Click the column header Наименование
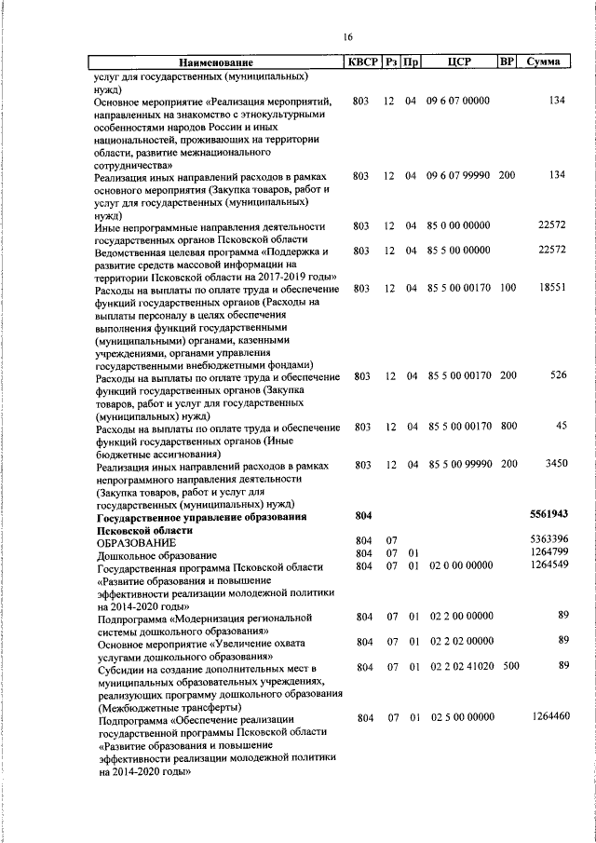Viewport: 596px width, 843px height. [217, 62]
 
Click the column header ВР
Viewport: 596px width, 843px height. [507, 62]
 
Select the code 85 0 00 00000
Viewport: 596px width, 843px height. [458, 225]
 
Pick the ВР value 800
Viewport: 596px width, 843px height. [508, 427]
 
